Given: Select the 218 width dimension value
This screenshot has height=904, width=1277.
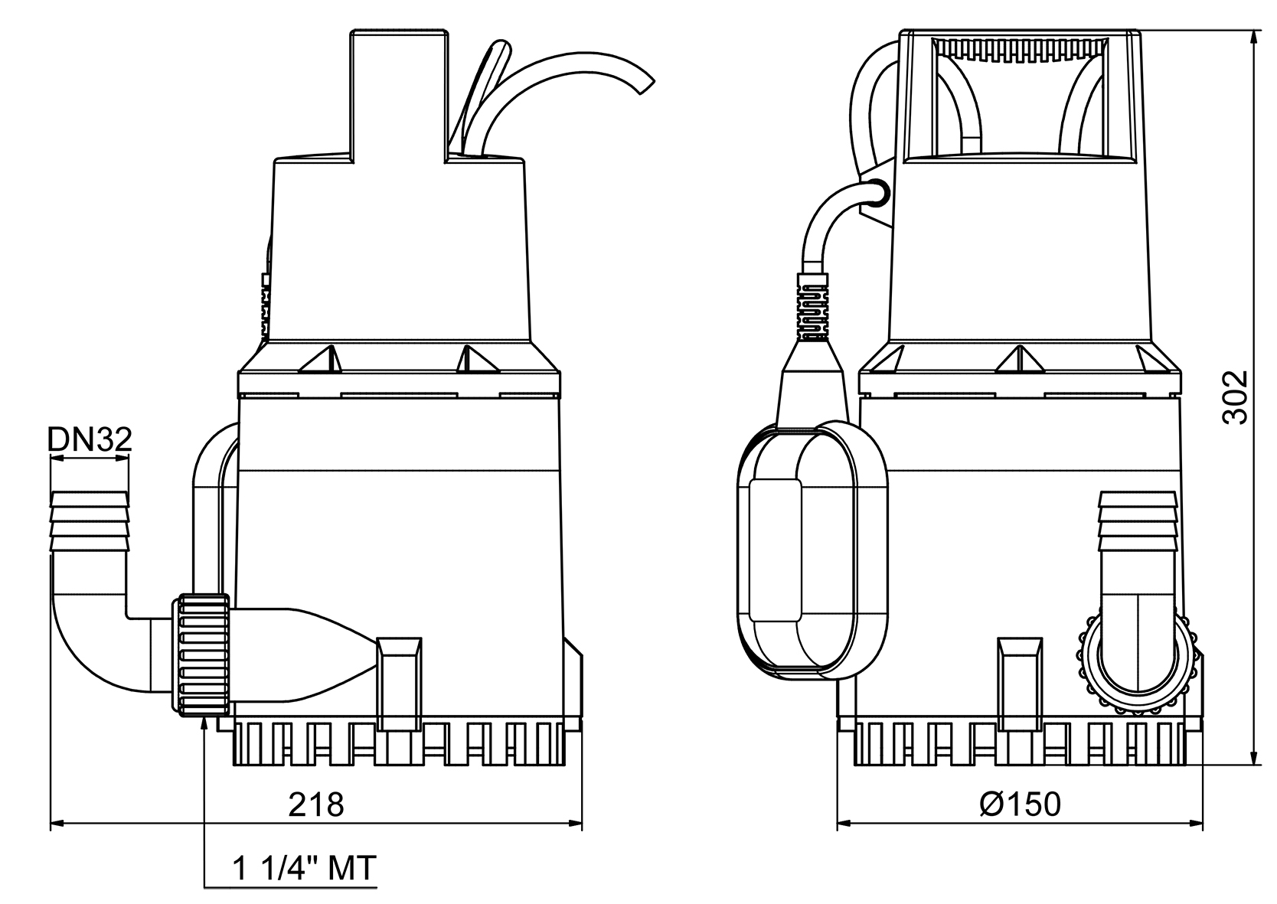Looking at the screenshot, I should (x=316, y=804).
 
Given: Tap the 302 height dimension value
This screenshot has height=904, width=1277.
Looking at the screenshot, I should (x=1233, y=397).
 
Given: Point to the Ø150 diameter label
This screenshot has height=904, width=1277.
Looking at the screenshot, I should (x=1021, y=804).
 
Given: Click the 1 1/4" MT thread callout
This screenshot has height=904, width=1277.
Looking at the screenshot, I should (x=304, y=868).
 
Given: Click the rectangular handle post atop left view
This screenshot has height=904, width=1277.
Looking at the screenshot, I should (x=397, y=92).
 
